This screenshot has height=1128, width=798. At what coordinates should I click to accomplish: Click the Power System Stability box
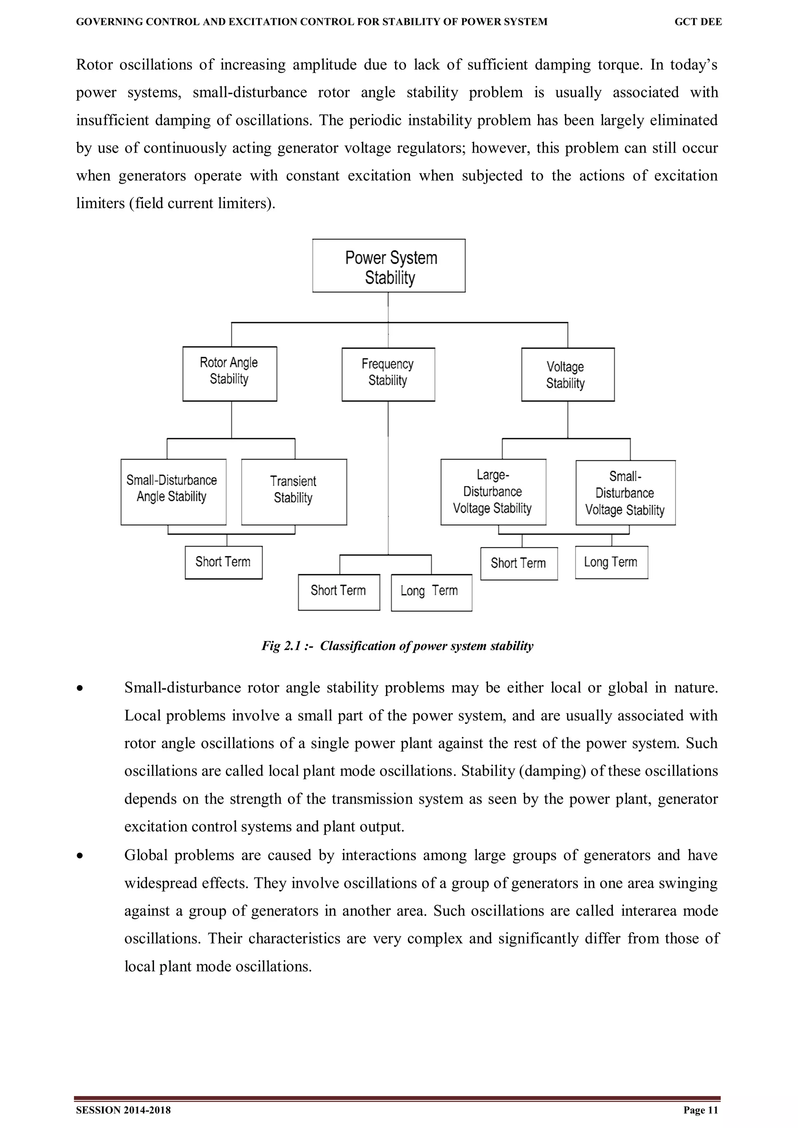tap(388, 266)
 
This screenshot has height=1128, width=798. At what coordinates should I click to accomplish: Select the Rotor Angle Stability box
tap(230, 374)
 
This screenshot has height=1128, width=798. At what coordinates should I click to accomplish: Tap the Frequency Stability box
tap(388, 374)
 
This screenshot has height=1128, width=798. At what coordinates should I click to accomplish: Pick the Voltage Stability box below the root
tap(567, 374)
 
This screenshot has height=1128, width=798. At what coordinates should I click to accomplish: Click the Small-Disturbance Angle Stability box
tap(173, 492)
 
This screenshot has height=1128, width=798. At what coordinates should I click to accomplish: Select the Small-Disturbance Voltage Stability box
tap(625, 493)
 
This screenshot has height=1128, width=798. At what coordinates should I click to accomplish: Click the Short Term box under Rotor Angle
tap(223, 562)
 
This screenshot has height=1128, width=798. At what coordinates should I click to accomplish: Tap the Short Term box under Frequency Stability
tap(339, 592)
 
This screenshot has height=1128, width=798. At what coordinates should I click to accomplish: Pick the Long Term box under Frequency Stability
tap(431, 592)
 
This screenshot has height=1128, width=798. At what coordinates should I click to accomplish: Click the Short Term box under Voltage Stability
tap(519, 564)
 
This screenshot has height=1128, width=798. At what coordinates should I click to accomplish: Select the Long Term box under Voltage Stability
tap(611, 562)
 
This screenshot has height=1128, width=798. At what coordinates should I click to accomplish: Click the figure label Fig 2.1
tap(281, 646)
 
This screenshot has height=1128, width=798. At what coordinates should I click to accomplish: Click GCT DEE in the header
tap(698, 22)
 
